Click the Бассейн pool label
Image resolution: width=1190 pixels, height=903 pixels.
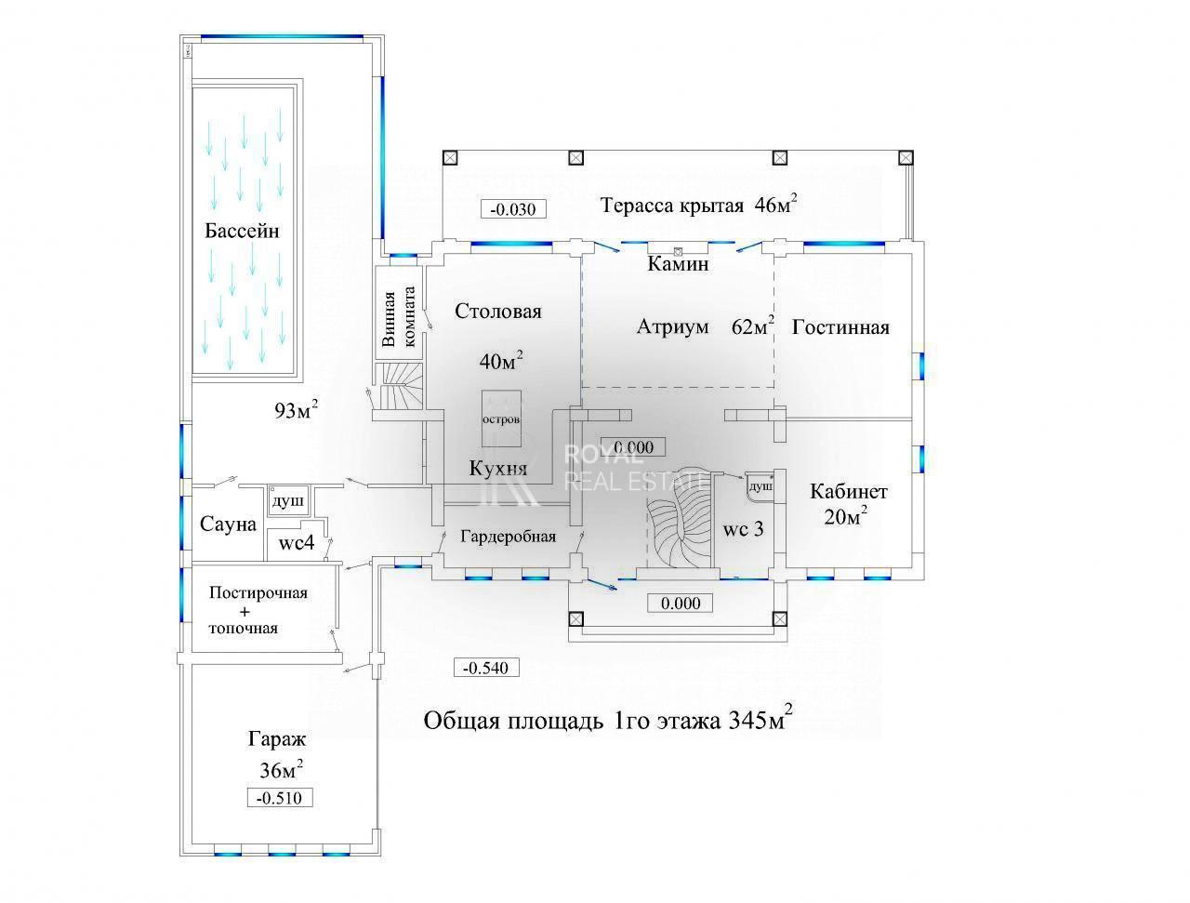[x=242, y=231]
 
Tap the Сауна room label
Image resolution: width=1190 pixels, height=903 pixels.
[x=228, y=525]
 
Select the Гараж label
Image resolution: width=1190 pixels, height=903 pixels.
[x=277, y=740]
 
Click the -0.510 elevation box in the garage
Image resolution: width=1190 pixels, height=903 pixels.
[x=280, y=798]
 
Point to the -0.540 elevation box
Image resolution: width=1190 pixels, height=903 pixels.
[x=484, y=668]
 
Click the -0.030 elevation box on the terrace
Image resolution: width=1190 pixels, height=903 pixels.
[x=513, y=208]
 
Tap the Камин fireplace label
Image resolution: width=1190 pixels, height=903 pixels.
[x=678, y=264]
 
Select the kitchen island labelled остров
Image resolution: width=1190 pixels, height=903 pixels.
[x=501, y=419]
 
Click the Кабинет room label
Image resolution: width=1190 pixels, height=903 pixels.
[x=848, y=492]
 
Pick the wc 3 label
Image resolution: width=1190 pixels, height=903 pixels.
[x=744, y=529]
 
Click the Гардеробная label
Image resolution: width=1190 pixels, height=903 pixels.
[x=509, y=537]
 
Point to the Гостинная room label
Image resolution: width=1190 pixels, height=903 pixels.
[x=840, y=327]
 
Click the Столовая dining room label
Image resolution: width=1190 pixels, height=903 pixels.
[x=498, y=312]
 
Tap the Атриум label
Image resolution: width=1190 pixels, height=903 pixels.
[x=672, y=327]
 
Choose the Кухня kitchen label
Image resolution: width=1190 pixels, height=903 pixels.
[x=497, y=469]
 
